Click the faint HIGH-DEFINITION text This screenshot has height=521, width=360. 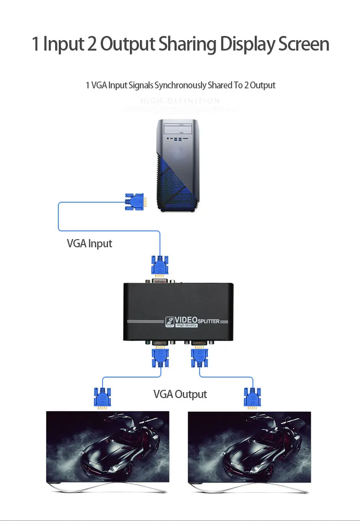180,101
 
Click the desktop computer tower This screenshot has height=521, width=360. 179,165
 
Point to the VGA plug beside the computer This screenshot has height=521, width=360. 135,201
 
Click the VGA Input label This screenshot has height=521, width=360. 89,243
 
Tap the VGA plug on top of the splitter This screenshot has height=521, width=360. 159,267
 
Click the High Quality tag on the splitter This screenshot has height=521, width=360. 187,325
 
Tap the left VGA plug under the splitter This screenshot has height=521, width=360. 159,357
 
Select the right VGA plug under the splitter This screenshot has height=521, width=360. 199,357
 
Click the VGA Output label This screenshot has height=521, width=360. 180,394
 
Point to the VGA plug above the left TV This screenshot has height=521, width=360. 102,398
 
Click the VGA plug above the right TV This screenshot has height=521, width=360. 252,398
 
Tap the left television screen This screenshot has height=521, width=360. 108,446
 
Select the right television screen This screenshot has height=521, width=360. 250,446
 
